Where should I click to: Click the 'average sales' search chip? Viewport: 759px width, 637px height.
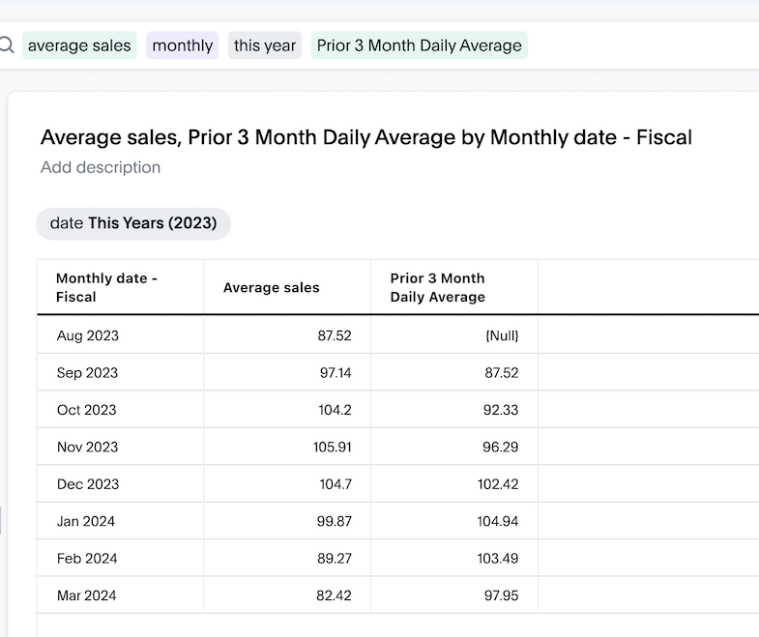[x=79, y=45]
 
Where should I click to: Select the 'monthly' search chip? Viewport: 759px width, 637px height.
[x=183, y=45]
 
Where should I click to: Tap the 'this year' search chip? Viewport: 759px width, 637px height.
[x=265, y=45]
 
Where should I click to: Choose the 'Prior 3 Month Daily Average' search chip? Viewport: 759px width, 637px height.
[x=419, y=45]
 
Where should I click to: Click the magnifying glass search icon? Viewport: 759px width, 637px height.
[x=6, y=45]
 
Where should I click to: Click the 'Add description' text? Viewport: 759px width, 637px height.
[x=101, y=167]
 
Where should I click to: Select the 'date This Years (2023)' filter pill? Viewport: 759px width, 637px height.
[x=133, y=223]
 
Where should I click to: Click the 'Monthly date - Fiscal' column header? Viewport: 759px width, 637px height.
[x=106, y=287]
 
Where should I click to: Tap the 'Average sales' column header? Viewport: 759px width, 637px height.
[x=271, y=287]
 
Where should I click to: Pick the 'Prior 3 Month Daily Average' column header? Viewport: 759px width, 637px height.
[x=438, y=287]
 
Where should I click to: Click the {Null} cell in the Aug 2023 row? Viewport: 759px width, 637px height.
[x=501, y=335]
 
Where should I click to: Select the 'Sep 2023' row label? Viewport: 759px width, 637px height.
[x=86, y=373]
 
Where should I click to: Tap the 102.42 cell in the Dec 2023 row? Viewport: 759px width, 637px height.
[x=497, y=484]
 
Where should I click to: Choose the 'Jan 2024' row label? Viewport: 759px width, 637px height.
[x=86, y=521]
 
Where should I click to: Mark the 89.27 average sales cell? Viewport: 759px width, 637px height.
[x=331, y=559]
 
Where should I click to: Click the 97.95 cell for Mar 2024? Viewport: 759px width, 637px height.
[x=501, y=595]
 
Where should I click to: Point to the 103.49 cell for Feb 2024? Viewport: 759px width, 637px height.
[x=497, y=559]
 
